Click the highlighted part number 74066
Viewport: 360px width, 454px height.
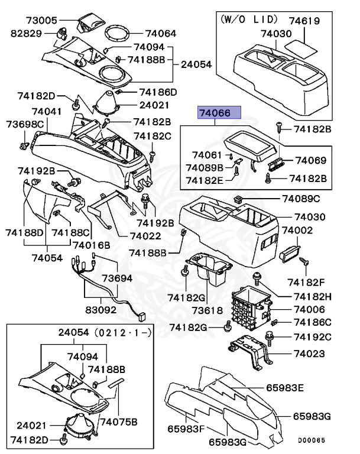click(x=219, y=113)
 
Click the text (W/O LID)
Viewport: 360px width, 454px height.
click(x=248, y=20)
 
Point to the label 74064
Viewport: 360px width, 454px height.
click(x=160, y=34)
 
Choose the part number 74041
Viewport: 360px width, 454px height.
click(x=46, y=111)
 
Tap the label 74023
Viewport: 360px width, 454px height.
click(x=310, y=354)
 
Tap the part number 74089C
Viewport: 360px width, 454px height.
click(x=301, y=199)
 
